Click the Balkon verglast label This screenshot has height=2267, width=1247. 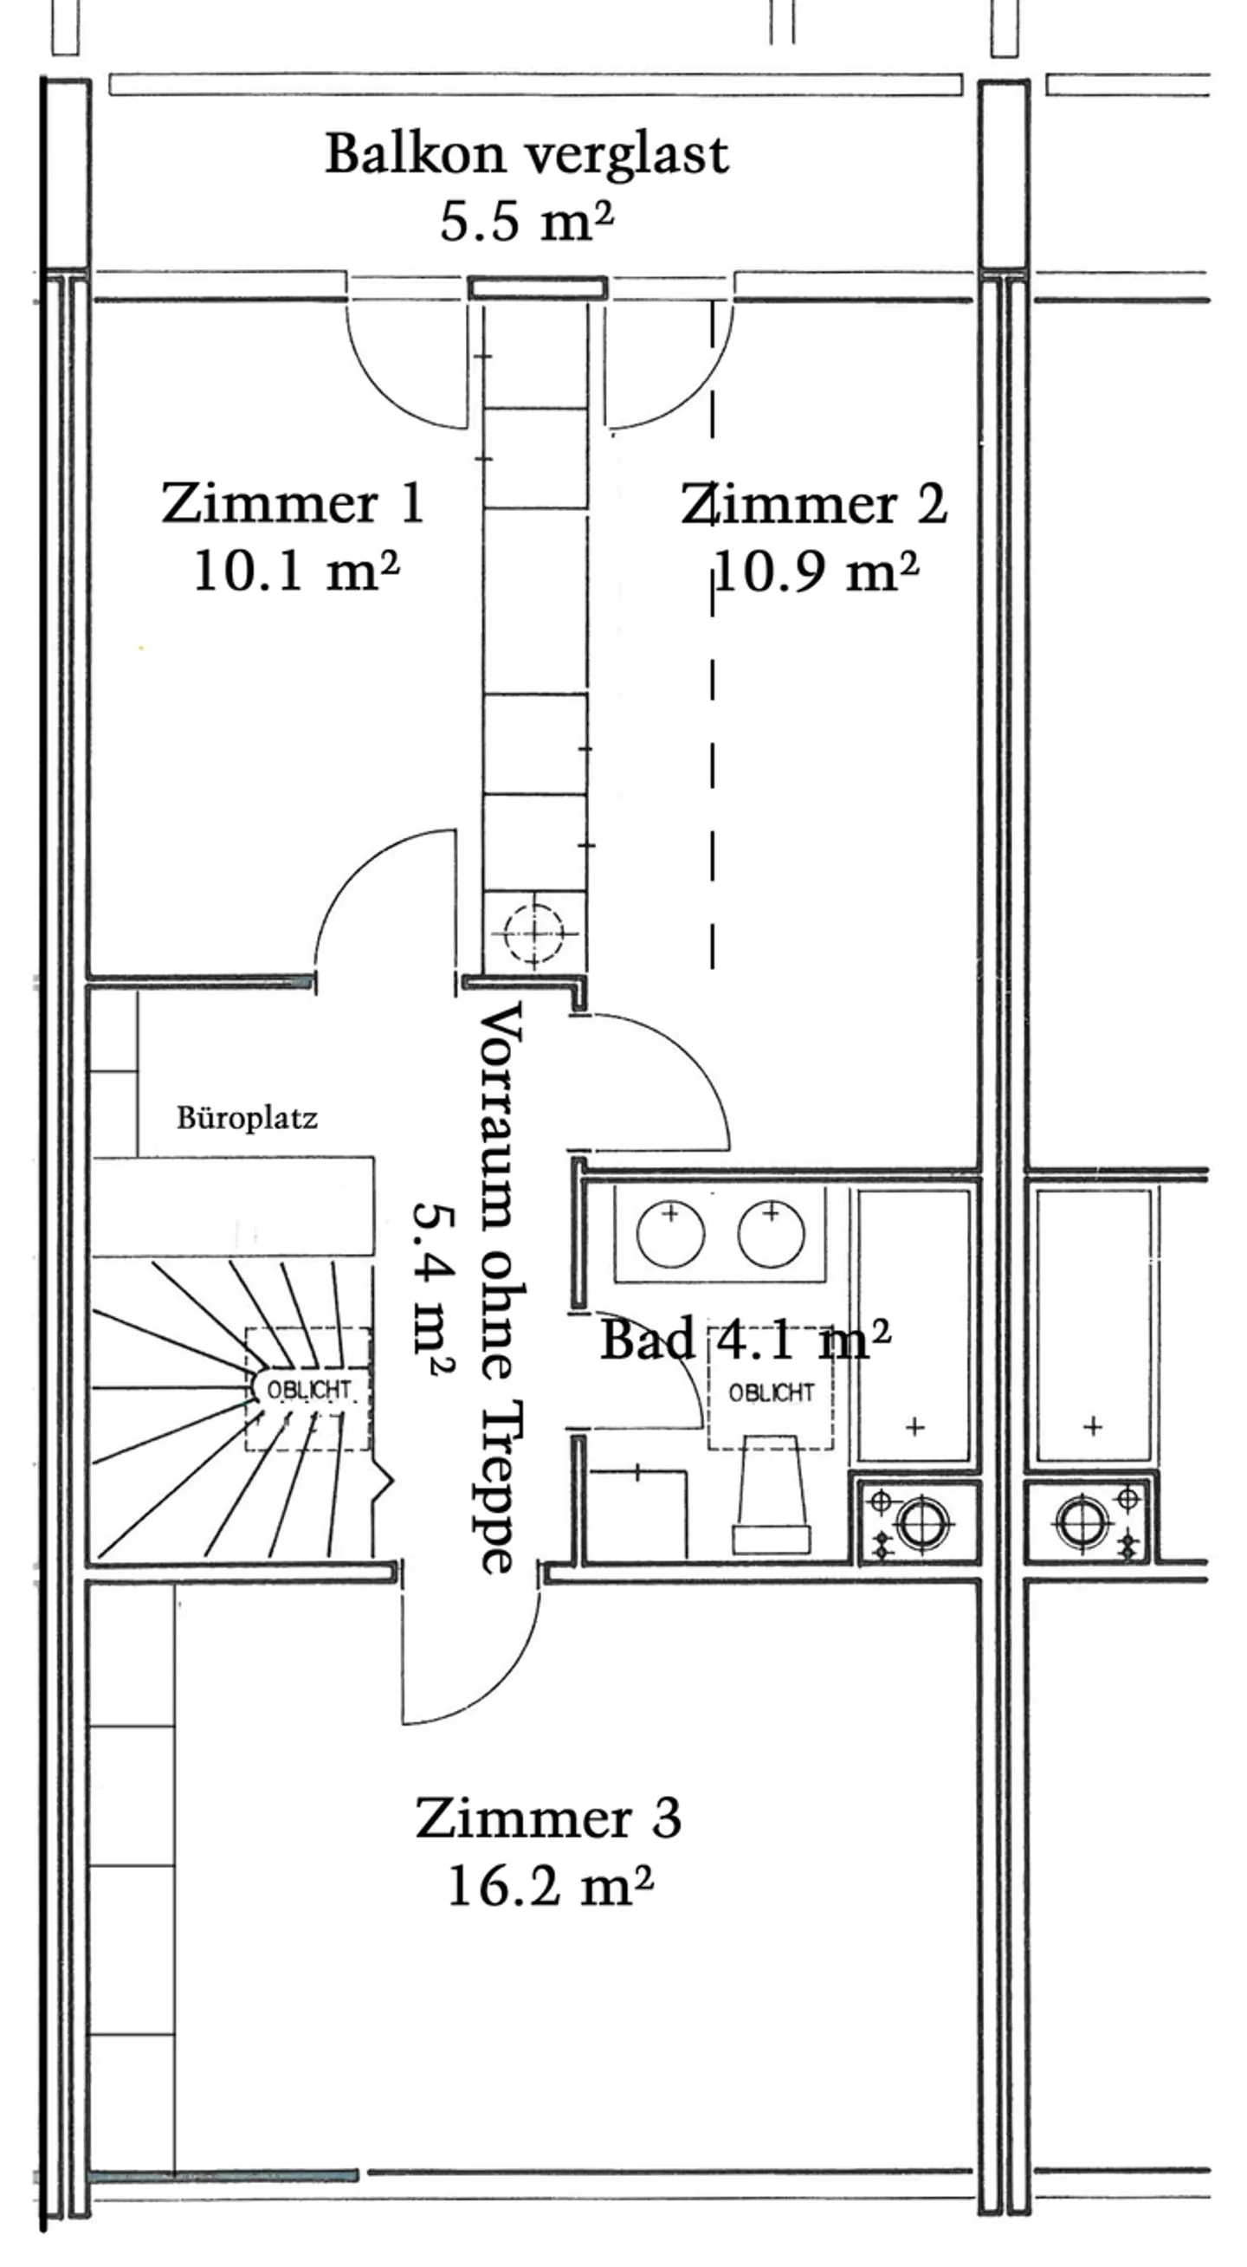click(x=527, y=155)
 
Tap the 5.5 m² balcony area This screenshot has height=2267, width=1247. click(x=527, y=220)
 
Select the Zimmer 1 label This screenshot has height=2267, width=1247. click(x=292, y=504)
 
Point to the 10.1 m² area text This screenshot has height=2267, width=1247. click(x=295, y=572)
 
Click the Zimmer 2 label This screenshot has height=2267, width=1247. click(x=814, y=504)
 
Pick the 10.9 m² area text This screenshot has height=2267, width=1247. click(x=816, y=572)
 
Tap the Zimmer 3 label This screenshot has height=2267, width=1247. click(x=547, y=1818)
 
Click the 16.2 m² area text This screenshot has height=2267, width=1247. click(x=550, y=1886)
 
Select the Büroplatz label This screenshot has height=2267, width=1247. click(x=247, y=1118)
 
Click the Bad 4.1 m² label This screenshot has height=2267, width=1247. click(x=745, y=1339)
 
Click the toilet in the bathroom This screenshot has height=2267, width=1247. click(x=772, y=1496)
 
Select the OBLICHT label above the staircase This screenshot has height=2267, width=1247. click(x=308, y=1390)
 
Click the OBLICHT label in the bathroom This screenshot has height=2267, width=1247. click(x=771, y=1393)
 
